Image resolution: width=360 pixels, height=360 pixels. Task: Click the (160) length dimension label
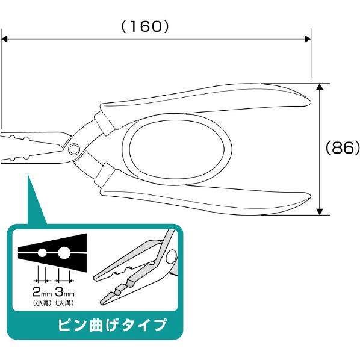tap(145, 26)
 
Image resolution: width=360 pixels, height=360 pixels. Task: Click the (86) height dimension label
tap(343, 147)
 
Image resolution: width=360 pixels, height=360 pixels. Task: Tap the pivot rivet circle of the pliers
tap(73, 149)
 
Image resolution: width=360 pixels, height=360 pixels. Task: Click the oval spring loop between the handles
tap(124, 149)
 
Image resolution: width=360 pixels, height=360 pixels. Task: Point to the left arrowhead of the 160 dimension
tap(4, 39)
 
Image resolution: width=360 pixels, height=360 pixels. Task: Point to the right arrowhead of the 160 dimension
tap(308, 39)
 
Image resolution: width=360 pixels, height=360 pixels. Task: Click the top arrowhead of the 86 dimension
tap(320, 87)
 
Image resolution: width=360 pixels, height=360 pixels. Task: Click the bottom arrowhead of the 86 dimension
tap(320, 212)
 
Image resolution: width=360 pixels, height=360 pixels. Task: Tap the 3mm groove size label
tap(64, 292)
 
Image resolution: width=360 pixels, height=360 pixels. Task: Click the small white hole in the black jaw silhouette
tap(42, 253)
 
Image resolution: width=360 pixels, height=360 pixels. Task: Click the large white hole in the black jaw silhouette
tap(64, 253)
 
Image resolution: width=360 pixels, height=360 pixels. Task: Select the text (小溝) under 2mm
tap(42, 303)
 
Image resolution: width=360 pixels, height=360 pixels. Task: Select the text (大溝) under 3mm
tap(65, 303)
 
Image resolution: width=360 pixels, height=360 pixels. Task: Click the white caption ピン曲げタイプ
tap(112, 325)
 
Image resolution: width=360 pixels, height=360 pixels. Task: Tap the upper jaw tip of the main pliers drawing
tap(1, 134)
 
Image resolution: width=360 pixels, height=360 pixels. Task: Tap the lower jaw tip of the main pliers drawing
tap(1, 161)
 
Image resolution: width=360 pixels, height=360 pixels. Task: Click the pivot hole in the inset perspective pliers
tap(172, 256)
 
